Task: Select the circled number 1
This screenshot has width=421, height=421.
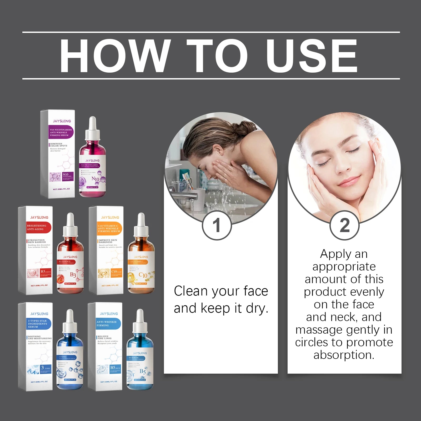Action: (217, 225)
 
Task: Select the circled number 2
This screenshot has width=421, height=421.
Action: (344, 225)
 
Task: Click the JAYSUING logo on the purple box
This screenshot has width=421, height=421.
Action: (62, 121)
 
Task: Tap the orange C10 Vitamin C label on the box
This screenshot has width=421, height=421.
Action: (109, 228)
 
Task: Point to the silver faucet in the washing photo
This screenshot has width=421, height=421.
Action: (184, 196)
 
